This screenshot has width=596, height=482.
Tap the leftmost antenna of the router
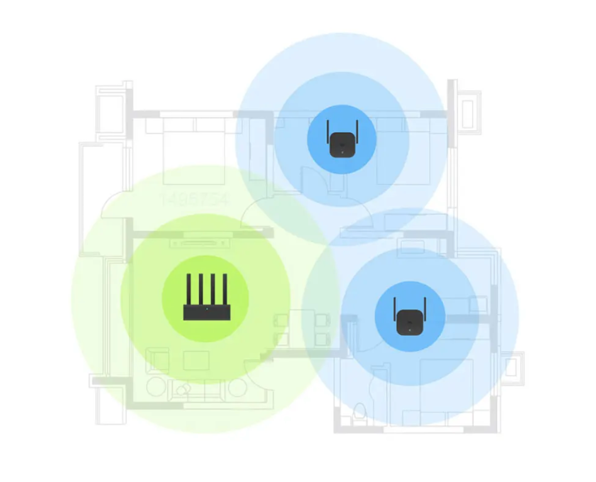[x=188, y=289]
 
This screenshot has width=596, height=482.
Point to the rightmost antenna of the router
[x=225, y=289]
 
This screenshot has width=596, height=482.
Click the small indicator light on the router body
[x=207, y=309]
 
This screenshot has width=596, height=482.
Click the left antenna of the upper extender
[x=327, y=132]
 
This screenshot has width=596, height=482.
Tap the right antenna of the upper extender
[x=357, y=132]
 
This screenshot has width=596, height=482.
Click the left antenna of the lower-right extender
[x=394, y=309]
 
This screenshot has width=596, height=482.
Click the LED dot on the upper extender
[x=342, y=152]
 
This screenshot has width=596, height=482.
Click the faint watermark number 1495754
[x=194, y=199]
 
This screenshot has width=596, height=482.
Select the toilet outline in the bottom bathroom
[x=360, y=411]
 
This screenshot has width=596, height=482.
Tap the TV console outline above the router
[x=200, y=243]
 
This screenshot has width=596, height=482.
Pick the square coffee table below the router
[x=196, y=360]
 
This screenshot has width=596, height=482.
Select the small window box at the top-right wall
[x=468, y=112]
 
